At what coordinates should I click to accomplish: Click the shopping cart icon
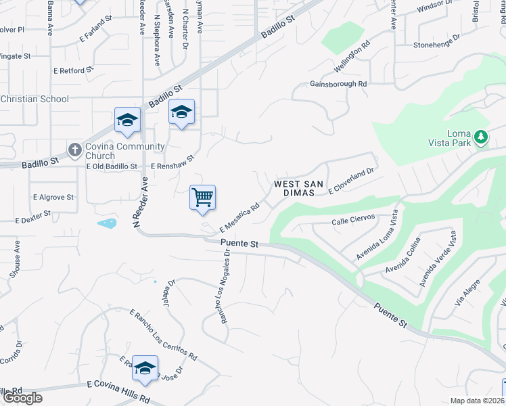[203, 198]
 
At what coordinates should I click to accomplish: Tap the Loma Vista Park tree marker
[481, 137]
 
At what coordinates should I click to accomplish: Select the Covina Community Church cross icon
[74, 148]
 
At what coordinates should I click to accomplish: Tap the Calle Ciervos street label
[349, 222]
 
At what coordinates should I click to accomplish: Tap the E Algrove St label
[53, 198]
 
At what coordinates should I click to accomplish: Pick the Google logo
[22, 398]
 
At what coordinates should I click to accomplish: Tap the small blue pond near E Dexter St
[107, 223]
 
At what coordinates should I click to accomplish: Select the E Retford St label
[74, 70]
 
